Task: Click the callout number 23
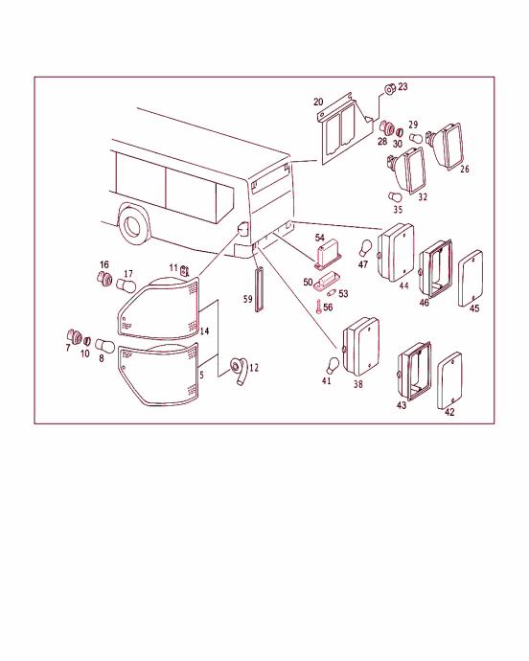pos(402,86)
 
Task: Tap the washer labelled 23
pos(389,89)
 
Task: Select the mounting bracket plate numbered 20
pos(345,128)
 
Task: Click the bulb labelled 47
pos(365,248)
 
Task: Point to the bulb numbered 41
pos(333,365)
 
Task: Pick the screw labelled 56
pos(318,307)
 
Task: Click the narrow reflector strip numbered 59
pos(259,289)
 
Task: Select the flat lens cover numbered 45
pos(471,278)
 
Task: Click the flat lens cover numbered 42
pos(450,380)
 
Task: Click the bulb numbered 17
pos(126,285)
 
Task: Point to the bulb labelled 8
pos(105,346)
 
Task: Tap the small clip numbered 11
pos(184,270)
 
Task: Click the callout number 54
pos(319,239)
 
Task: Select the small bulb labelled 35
pos(393,196)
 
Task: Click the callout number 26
pos(465,170)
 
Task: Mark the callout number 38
pos(358,384)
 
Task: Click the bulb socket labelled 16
pos(104,279)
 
